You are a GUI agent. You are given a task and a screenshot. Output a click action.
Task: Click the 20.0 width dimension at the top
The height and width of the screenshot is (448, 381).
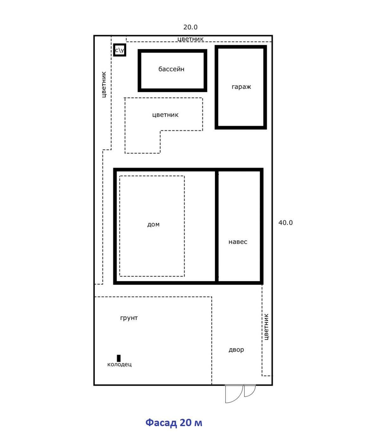pos(190,27)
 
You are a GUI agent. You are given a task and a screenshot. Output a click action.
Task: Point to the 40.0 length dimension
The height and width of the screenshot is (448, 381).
pos(285,223)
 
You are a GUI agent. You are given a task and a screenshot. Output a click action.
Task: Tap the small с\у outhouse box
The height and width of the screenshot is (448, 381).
pos(119,50)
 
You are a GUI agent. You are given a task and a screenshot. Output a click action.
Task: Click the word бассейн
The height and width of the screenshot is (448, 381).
pos(171,69)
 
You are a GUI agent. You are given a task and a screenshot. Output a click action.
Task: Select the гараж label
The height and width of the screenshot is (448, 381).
pos(241,87)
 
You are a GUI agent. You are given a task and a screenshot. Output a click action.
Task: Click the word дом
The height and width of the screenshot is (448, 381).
pos(153,224)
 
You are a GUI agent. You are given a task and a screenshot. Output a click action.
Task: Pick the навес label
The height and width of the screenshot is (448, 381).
pos(238,242)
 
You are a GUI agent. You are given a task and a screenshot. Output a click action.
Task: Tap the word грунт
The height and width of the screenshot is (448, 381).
pos(129,318)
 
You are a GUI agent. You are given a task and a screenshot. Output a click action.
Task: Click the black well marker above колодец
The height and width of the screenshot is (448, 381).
pos(119,359)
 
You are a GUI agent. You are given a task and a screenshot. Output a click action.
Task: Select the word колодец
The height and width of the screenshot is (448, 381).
pos(119,364)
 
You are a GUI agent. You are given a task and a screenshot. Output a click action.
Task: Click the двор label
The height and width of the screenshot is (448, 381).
pos(236,350)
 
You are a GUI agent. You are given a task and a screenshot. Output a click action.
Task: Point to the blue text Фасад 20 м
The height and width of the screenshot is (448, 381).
pos(174,422)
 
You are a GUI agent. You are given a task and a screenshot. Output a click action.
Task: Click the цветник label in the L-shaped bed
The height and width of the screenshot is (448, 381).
pos(165,115)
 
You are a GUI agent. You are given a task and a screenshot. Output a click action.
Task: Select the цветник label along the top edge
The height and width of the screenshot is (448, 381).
pos(191,39)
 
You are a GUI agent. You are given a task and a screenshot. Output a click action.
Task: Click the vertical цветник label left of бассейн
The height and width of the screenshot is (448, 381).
pos(104,85)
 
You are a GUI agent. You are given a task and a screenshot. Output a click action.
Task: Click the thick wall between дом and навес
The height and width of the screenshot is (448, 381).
pos(217,226)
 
